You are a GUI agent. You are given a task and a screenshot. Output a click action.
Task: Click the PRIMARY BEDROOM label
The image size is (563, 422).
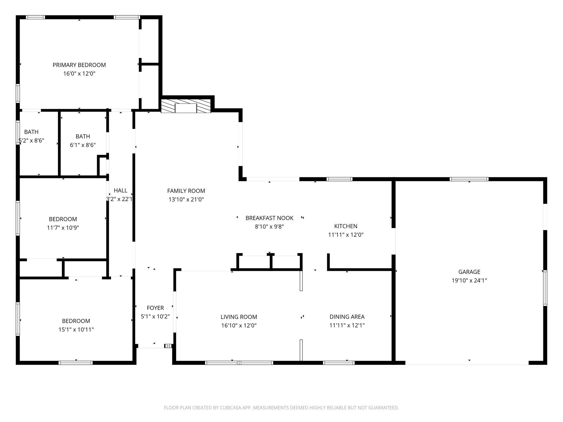[79, 65]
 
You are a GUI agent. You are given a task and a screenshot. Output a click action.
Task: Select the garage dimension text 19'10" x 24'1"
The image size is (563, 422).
[469, 281]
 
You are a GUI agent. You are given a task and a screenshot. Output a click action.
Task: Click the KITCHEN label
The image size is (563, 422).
[346, 226]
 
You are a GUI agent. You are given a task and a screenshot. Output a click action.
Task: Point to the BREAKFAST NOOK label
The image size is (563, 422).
[269, 218]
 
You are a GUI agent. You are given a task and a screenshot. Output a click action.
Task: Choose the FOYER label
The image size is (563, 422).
[155, 308]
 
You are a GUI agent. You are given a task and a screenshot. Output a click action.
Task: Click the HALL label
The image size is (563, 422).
[120, 190]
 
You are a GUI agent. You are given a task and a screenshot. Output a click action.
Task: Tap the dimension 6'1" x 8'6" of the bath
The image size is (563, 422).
[83, 145]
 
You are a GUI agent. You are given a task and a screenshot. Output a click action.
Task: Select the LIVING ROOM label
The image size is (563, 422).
[239, 317]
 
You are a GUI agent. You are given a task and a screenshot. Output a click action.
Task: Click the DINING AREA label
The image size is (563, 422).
[347, 317]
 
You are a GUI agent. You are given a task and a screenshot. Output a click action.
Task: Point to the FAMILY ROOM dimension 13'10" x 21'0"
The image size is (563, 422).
[186, 199]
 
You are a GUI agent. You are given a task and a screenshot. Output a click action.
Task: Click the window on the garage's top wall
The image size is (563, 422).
[469, 179]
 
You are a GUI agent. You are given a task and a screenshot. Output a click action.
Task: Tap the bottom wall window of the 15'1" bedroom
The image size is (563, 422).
[76, 363]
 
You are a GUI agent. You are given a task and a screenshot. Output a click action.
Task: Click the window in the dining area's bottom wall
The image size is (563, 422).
[339, 363]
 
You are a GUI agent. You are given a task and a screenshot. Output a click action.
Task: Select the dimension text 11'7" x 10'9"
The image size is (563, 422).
[63, 228]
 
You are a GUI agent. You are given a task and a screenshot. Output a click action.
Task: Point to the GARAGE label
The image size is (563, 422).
[469, 272]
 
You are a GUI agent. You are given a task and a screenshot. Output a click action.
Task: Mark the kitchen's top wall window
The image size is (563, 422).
[339, 179]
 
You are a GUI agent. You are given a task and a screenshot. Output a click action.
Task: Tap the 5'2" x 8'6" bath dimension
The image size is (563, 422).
[31, 141]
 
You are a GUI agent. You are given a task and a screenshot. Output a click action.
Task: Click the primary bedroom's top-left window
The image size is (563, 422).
[35, 17]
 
